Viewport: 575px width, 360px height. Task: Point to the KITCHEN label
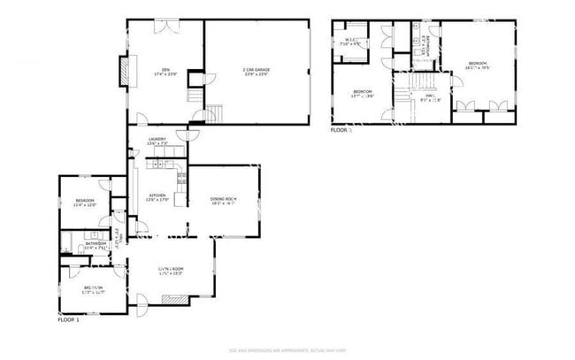pos(157,197)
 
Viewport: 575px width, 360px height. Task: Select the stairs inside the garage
pos(215,113)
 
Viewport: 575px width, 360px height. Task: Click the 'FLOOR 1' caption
pos(68,319)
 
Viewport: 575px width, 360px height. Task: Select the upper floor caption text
pos(341,130)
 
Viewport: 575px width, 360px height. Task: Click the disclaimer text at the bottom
pos(287,351)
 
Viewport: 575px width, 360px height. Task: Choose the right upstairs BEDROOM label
pos(478,64)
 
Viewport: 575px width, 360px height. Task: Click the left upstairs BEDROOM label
pos(364,94)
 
